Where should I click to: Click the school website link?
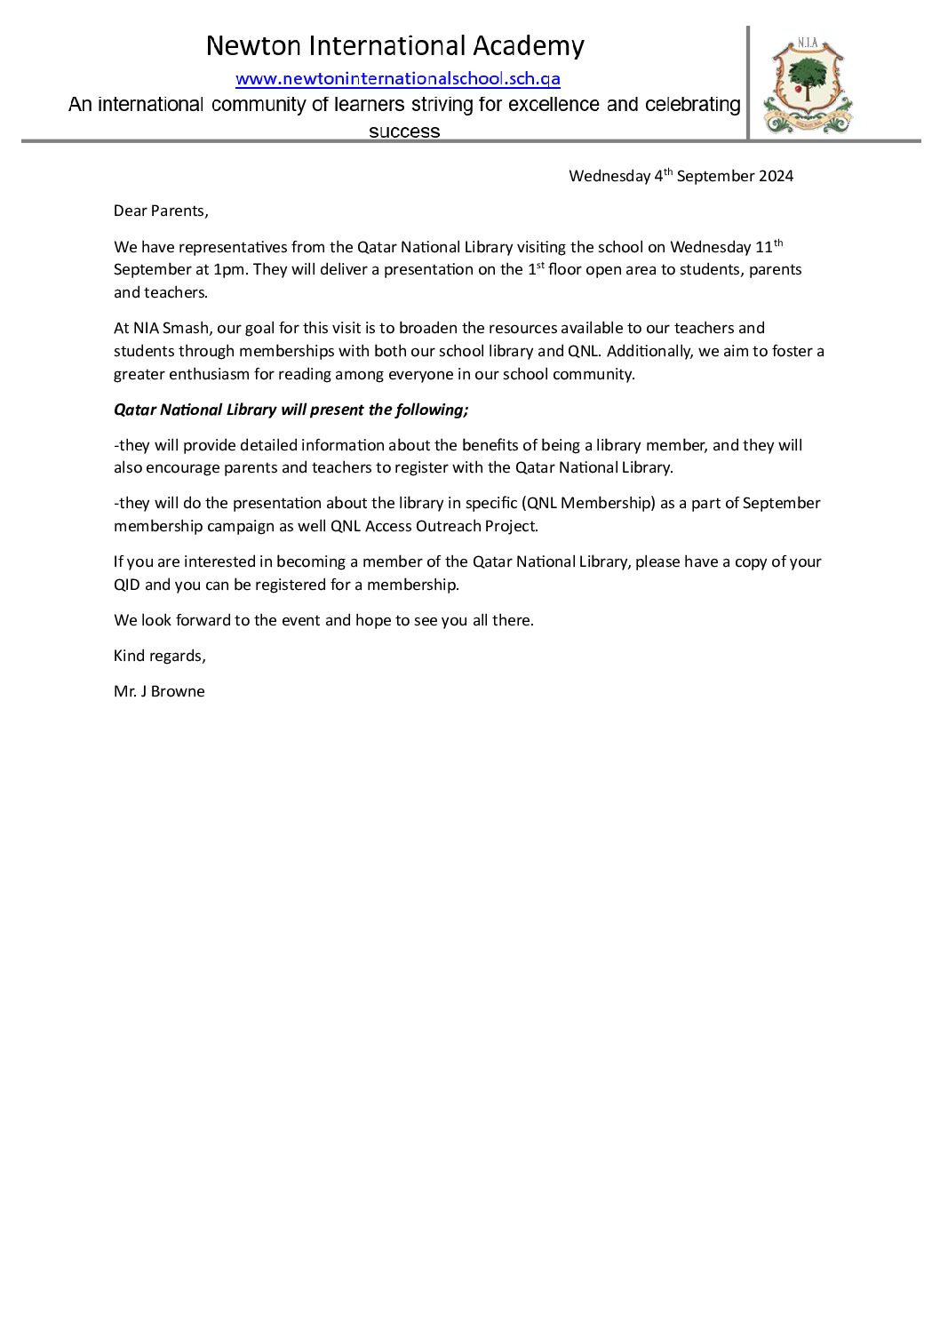tap(397, 79)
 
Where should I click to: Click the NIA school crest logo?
tap(807, 86)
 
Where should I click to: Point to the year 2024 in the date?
tap(776, 176)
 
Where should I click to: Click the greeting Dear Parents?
tap(161, 211)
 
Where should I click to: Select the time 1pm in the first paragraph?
tap(230, 270)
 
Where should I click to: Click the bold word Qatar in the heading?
tap(134, 410)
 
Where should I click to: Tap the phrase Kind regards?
tap(159, 657)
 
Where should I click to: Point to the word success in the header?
tap(404, 132)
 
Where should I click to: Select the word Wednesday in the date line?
tap(609, 176)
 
